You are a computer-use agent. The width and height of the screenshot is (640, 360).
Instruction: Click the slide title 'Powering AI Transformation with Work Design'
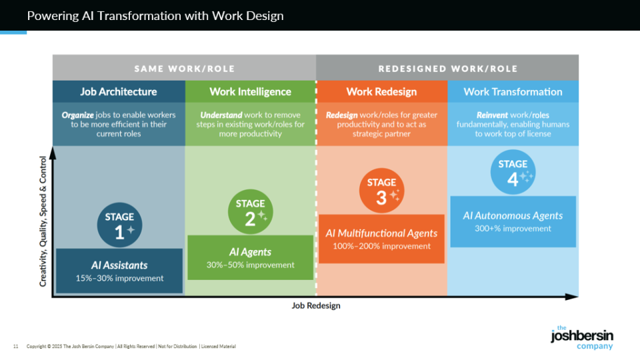155,15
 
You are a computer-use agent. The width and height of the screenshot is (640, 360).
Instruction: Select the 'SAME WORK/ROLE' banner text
184,68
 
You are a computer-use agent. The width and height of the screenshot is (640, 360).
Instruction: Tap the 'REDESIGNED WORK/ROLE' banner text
447,68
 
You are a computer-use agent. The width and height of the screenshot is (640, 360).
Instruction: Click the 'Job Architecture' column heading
119,91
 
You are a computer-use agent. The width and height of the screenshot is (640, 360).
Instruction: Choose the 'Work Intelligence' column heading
250,91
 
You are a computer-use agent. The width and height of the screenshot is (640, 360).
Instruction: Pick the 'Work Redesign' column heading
381,91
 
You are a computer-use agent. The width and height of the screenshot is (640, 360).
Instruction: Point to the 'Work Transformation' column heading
513,91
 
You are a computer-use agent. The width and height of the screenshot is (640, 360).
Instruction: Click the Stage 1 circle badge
119,225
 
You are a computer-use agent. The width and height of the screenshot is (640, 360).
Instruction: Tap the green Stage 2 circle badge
250,212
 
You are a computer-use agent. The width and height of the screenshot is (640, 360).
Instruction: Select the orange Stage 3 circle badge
381,191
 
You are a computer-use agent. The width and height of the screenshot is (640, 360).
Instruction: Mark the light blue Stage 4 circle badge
513,172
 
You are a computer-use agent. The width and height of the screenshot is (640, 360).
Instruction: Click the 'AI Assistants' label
119,265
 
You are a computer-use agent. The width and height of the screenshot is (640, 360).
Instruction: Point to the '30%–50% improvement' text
250,265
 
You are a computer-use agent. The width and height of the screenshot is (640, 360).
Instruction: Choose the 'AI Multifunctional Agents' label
381,233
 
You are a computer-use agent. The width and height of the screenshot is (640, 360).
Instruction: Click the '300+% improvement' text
513,229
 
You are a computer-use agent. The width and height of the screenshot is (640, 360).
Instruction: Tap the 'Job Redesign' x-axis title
316,305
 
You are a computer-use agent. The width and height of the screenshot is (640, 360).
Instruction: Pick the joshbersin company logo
581,337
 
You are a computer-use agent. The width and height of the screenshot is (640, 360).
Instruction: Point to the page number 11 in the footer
15,347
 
